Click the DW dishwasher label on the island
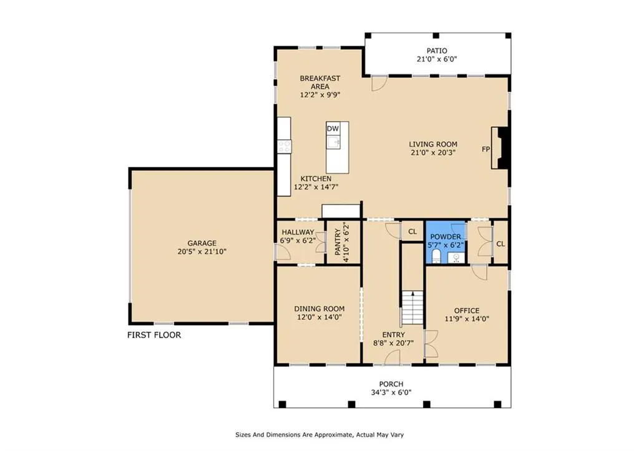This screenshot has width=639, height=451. point(333,129)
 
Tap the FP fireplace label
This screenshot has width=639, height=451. point(485,150)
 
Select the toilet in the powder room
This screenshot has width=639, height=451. point(436,256)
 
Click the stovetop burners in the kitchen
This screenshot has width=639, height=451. point(284,147)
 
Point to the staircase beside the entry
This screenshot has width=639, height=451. point(413,308)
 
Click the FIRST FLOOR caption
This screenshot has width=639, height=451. point(154,335)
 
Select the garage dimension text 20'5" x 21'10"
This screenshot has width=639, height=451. point(202,252)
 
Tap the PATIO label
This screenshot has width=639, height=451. point(437,51)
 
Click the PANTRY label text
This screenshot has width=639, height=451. point(338,242)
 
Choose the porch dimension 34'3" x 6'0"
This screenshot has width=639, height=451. point(391,392)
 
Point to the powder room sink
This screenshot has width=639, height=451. point(456,258)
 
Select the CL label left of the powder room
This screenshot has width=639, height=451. point(412,232)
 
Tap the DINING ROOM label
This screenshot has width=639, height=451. point(319,309)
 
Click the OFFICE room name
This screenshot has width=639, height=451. point(467,311)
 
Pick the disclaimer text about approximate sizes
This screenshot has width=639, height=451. point(319,435)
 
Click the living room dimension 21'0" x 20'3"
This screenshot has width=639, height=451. point(433,152)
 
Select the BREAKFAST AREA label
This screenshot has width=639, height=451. point(320,82)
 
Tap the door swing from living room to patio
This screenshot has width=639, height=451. point(379,84)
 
